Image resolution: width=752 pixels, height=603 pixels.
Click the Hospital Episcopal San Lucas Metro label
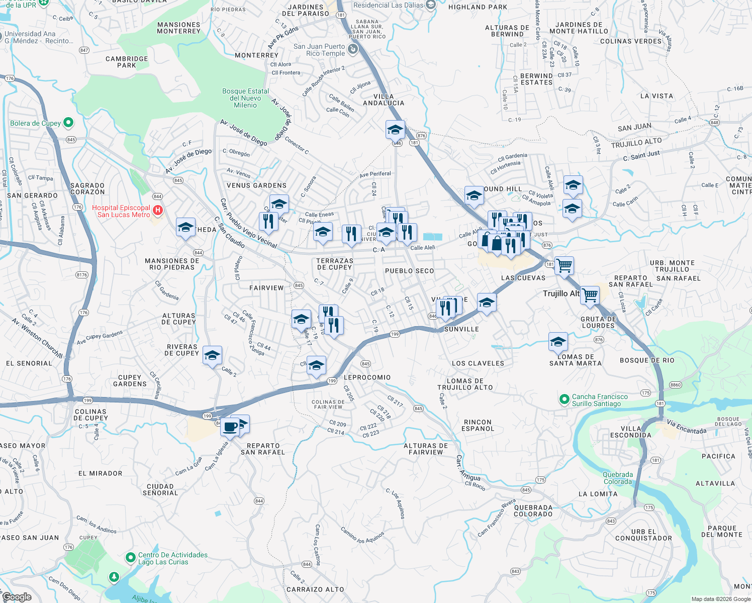[x=121, y=211]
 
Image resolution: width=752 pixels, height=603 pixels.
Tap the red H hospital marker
[x=157, y=210]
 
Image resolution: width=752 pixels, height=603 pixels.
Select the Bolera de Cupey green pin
[x=69, y=122]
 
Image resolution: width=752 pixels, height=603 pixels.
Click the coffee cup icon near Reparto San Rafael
[x=230, y=427]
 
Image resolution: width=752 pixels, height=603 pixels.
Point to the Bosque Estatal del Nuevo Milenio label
[x=245, y=98]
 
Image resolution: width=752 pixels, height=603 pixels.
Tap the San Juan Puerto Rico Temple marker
[x=352, y=49]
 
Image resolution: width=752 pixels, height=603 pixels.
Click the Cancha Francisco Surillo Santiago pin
[x=565, y=399]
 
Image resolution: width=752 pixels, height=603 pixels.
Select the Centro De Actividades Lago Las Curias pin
[x=131, y=558]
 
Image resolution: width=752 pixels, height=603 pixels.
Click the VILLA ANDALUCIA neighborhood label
[x=384, y=99]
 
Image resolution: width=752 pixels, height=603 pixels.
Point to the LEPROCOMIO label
[x=367, y=377]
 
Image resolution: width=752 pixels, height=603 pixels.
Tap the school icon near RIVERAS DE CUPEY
[x=212, y=355]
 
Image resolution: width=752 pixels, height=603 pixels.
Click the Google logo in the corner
[x=17, y=596]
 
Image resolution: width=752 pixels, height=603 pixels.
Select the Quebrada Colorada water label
[x=618, y=478]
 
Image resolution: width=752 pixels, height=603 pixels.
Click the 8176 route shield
[x=81, y=275]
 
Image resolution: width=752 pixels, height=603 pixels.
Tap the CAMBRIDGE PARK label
[x=127, y=62]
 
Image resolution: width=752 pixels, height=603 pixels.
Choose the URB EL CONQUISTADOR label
[x=643, y=535]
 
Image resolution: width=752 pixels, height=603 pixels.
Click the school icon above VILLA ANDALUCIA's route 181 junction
[x=395, y=130]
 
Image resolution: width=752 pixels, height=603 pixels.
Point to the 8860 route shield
[x=675, y=385]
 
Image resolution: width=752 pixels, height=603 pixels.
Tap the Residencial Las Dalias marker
[x=430, y=5]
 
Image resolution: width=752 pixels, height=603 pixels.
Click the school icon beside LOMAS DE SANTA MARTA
[x=558, y=342]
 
